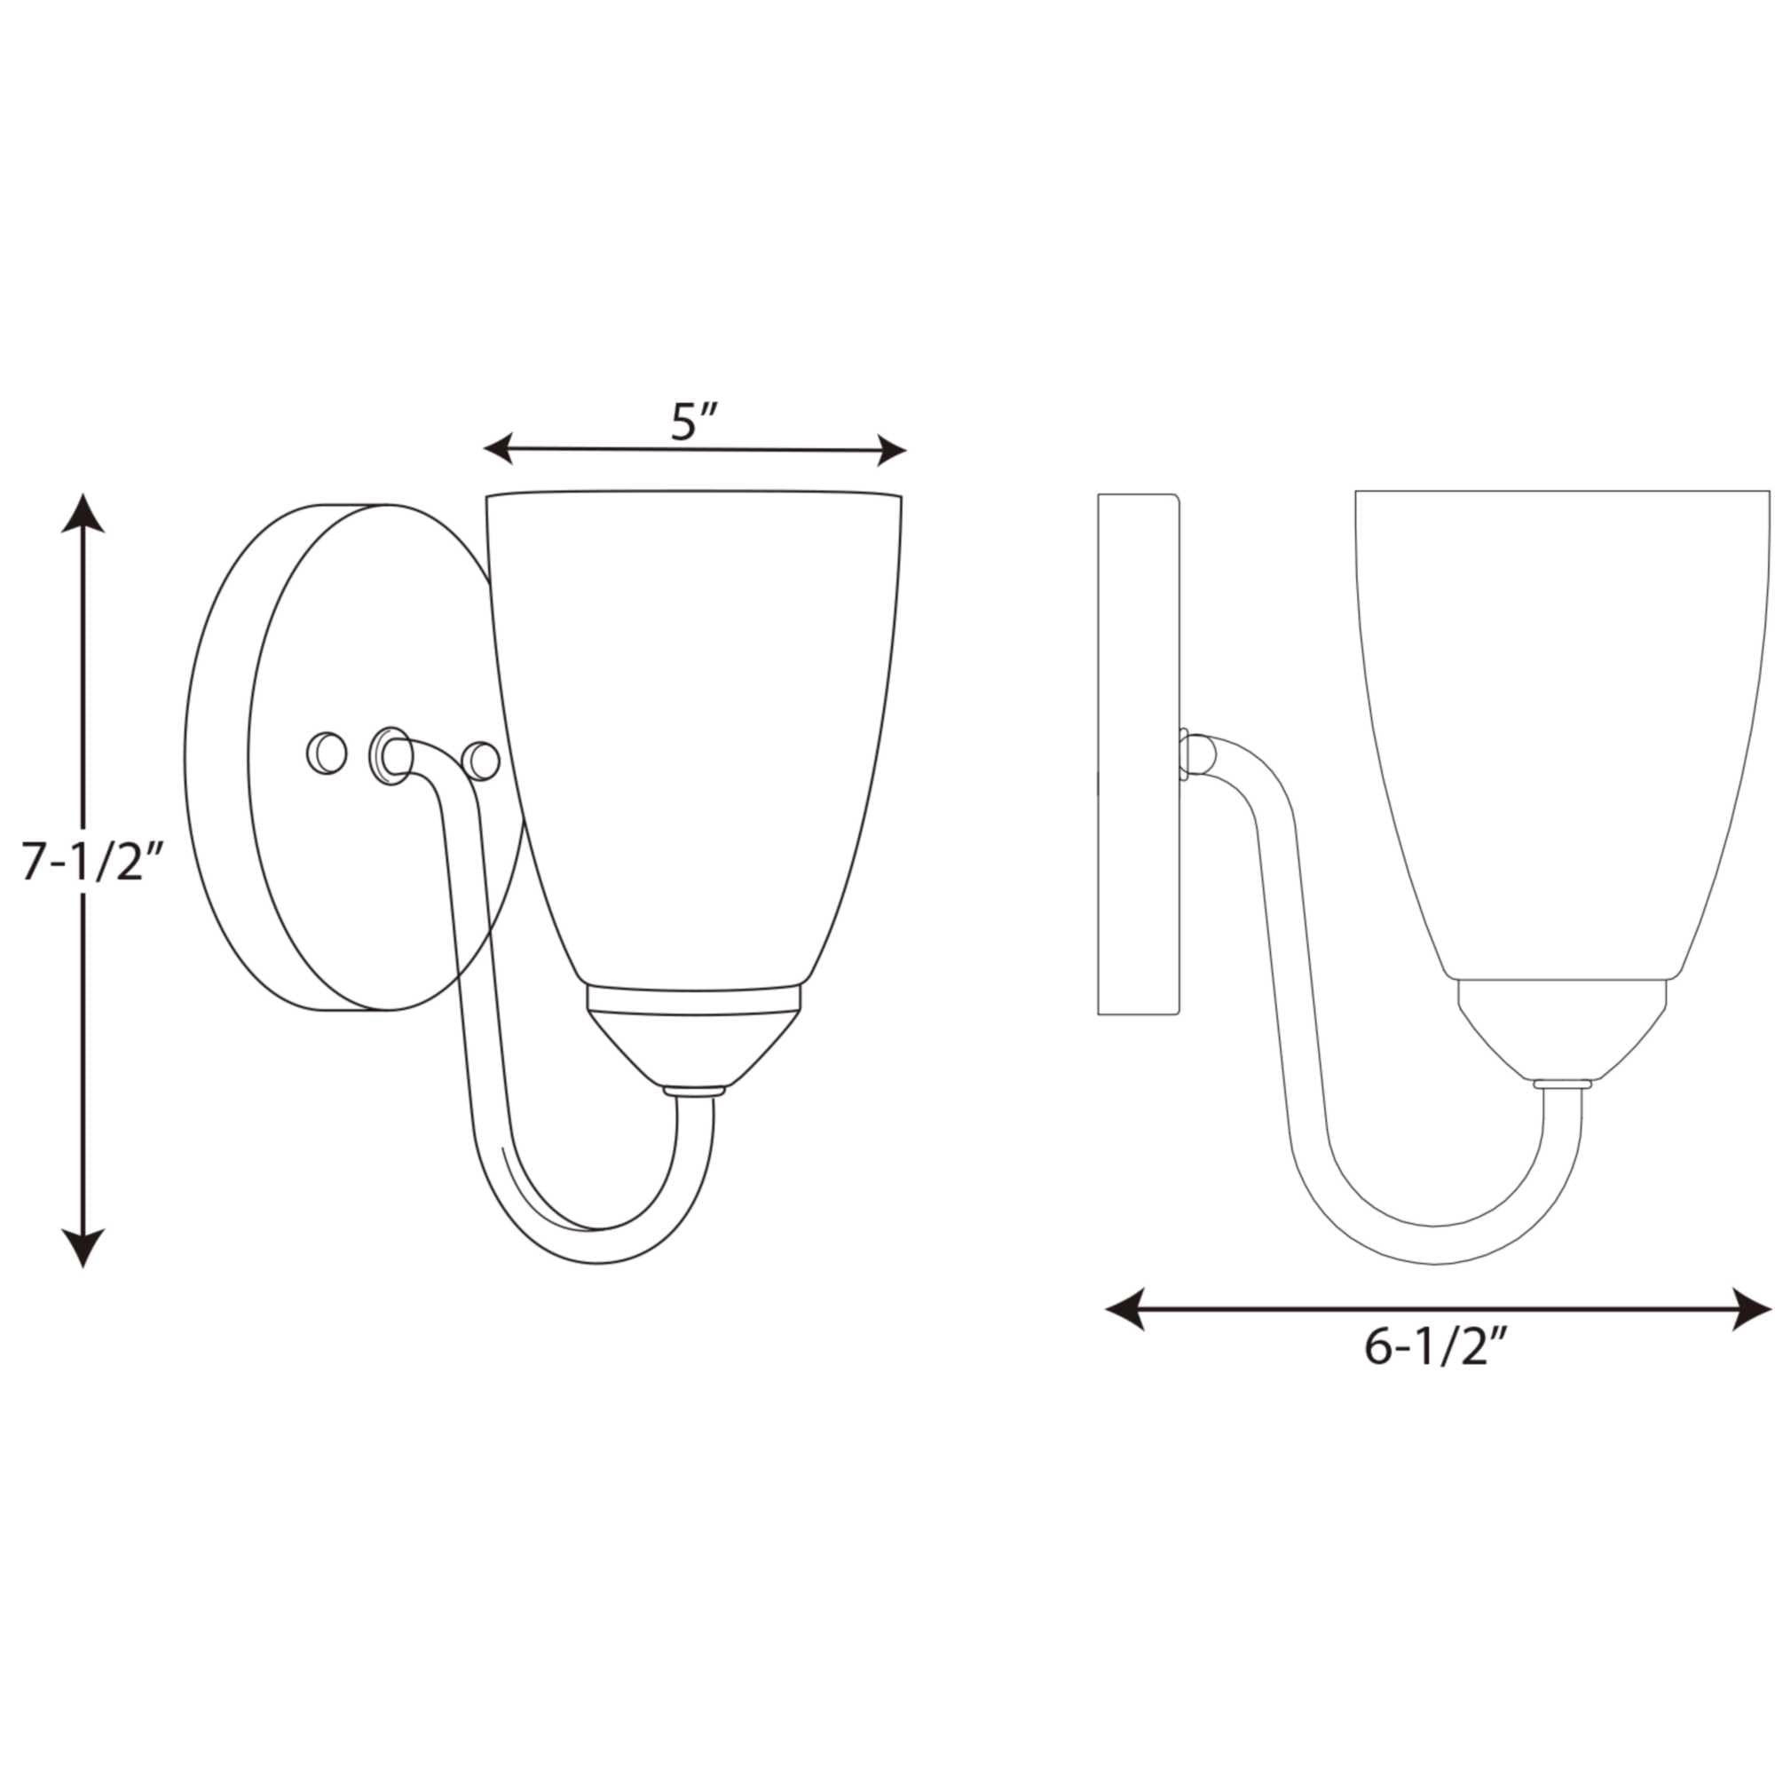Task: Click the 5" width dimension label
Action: coord(693,422)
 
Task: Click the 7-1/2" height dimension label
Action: coord(93,863)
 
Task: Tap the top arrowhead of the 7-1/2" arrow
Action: coord(83,515)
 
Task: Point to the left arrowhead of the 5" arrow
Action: coord(498,448)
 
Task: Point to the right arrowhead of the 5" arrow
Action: coord(892,451)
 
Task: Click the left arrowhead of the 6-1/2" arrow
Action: coord(1124,1308)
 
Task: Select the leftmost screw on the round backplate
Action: coord(326,753)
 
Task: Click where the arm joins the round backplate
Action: coord(391,754)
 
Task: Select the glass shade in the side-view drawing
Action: coord(1562,716)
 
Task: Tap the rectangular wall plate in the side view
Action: coord(1138,753)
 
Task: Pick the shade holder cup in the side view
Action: coord(1562,1029)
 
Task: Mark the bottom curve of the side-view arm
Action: coord(1433,1245)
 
